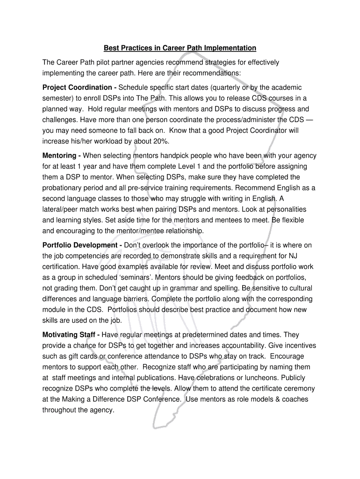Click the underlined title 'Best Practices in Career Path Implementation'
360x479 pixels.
tap(180, 48)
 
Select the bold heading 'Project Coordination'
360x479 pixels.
tap(77, 87)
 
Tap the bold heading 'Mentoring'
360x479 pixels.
tap(59, 155)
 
